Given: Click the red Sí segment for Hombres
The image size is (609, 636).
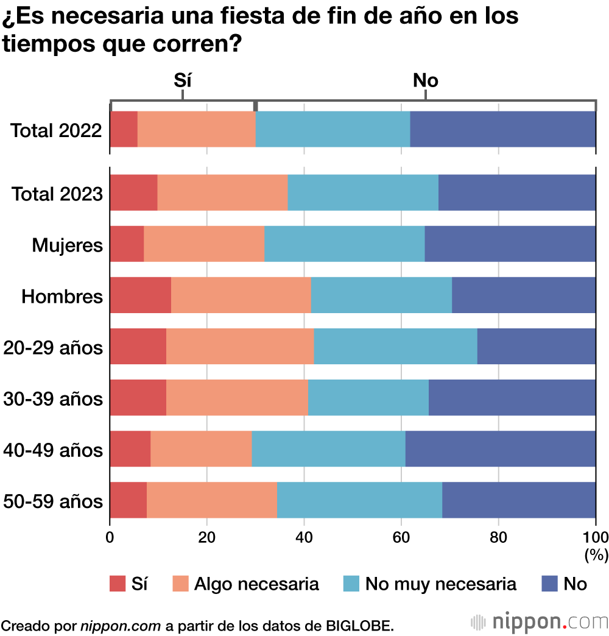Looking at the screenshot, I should click(x=141, y=295).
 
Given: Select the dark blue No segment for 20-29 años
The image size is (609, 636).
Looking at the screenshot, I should click(x=536, y=347).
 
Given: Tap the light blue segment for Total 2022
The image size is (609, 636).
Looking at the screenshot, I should click(x=333, y=129).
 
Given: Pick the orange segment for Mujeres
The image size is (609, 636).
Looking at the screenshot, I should click(x=204, y=244).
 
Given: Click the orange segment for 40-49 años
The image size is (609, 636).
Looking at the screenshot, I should click(x=201, y=449).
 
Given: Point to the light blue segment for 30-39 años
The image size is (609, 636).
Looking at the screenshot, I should click(x=368, y=398).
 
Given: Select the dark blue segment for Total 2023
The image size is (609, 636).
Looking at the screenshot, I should click(x=516, y=193).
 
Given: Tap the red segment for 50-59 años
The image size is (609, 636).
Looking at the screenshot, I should click(x=128, y=500).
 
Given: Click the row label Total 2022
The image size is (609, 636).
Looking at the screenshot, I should click(x=56, y=130).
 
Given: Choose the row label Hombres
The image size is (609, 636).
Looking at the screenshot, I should click(x=62, y=297).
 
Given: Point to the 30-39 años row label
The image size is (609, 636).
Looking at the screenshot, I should click(x=53, y=399).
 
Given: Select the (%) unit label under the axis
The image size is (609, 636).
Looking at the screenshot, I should click(x=596, y=554).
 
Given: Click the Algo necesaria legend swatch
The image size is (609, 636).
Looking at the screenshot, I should click(x=181, y=584).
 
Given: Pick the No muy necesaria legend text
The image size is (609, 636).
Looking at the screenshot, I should click(x=440, y=584).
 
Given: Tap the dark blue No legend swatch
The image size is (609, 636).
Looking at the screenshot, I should click(x=550, y=584).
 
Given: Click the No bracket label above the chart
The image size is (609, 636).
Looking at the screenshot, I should click(x=425, y=80).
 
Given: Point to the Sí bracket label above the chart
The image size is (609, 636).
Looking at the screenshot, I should click(x=183, y=80).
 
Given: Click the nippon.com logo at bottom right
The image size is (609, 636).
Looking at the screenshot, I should click(x=540, y=623).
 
